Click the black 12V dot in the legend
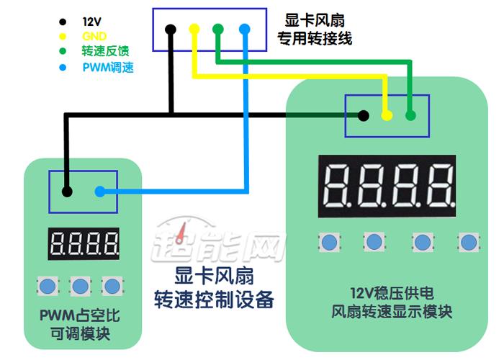[x=63, y=22]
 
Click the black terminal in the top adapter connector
[x=170, y=30]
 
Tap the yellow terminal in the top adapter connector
[x=194, y=30]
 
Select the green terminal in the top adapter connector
[x=218, y=30]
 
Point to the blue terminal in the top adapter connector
[x=244, y=30]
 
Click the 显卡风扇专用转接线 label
[x=315, y=30]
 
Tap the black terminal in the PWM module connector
[x=66, y=192]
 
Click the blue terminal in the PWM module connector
[x=100, y=192]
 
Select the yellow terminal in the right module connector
[x=387, y=115]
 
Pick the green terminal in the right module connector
[x=410, y=115]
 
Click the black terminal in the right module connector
[x=364, y=115]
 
